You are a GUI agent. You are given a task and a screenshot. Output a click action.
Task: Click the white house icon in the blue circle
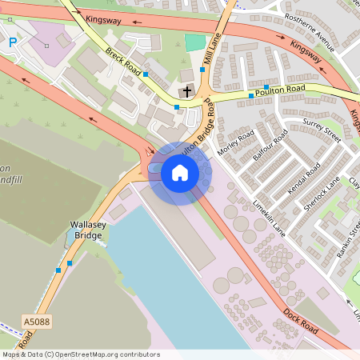tap(180, 173)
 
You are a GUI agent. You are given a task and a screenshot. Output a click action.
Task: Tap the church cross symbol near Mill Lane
tap(186, 91)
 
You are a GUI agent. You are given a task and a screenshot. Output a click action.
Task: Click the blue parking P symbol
tap(12, 42)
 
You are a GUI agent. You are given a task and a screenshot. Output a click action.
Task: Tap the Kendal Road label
tap(303, 180)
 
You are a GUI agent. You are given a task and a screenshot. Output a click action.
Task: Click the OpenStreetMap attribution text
tap(80, 354)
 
